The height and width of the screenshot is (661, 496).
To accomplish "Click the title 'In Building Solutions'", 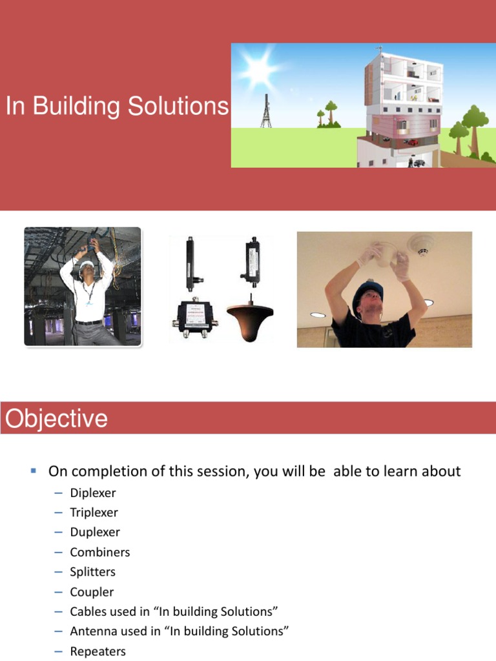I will click(x=117, y=107).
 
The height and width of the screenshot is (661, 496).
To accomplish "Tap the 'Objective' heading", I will click(x=56, y=419).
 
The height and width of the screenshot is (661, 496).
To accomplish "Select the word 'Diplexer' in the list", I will click(x=93, y=493).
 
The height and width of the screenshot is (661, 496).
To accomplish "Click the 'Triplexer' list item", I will click(x=94, y=513).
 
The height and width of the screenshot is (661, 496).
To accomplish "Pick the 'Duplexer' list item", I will click(x=95, y=533).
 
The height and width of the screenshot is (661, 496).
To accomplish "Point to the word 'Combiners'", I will click(x=100, y=553).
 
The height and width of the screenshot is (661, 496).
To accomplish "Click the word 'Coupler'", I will click(x=92, y=592).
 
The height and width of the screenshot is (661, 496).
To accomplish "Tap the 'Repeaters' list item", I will click(x=98, y=651).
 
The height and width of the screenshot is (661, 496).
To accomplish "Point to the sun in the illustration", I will click(x=258, y=68).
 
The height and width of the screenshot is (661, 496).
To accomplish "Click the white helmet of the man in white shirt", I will click(x=83, y=254).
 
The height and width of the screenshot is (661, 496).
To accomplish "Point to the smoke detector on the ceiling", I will click(x=422, y=246).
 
